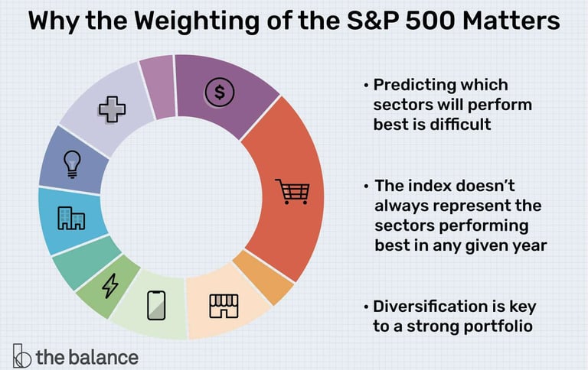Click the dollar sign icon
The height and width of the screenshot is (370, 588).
pos(220,93)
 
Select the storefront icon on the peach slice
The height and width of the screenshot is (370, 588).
pos(224,305)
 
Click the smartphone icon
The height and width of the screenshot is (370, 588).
pos(156,306)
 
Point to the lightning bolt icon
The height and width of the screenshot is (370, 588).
pos(110,286)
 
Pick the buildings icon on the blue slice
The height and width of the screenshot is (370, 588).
pos(71,219)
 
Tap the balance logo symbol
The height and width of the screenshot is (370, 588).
pos(21,357)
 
